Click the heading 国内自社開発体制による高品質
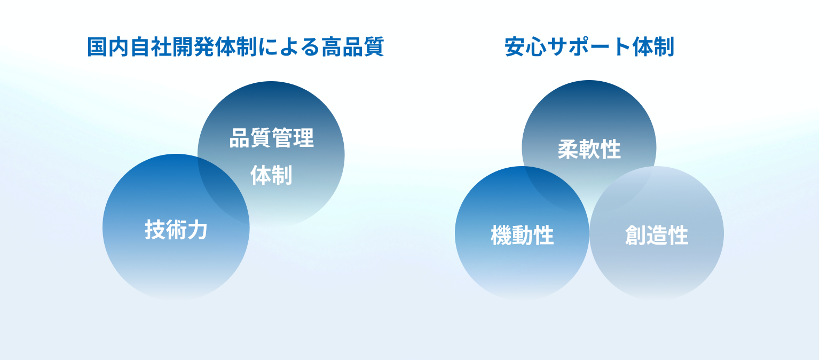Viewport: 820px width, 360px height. (235, 47)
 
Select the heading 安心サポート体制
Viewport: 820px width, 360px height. (589, 47)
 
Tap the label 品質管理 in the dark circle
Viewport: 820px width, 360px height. (271, 138)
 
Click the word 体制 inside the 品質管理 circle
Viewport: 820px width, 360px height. (271, 175)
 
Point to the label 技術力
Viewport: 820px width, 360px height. (176, 230)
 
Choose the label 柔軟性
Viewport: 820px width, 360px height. (589, 149)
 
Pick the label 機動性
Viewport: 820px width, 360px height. (522, 235)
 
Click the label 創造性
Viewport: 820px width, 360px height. (656, 235)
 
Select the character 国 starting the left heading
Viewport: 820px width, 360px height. (97, 47)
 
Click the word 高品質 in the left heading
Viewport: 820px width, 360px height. (352, 47)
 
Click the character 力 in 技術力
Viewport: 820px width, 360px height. (198, 230)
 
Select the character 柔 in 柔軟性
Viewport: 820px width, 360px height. (568, 149)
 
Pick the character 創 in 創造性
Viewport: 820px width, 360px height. (635, 235)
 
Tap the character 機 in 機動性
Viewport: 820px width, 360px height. (501, 235)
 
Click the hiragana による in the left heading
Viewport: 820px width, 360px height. (289, 47)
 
